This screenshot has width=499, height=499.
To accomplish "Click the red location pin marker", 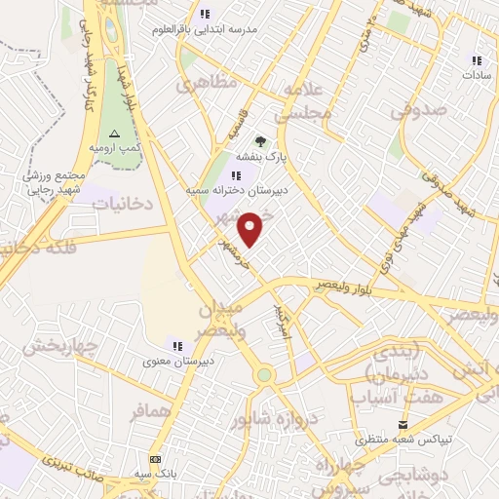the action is click(252, 229).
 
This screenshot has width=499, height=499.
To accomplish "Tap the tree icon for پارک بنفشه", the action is click(260, 141).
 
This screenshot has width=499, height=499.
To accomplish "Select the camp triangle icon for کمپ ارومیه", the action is click(115, 133).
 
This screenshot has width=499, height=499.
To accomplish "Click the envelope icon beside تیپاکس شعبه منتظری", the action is click(403, 425).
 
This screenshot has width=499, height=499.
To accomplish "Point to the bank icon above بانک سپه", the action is click(154, 459).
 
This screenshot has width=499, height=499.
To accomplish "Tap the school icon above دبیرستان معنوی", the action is click(177, 345).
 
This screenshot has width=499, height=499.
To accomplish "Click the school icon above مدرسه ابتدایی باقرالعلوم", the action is click(205, 14).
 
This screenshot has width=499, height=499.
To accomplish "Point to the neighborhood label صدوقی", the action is click(418, 109).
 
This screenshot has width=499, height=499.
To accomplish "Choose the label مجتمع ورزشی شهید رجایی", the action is click(55, 183).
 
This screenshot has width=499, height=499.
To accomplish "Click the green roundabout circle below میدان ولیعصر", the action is click(264, 375).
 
